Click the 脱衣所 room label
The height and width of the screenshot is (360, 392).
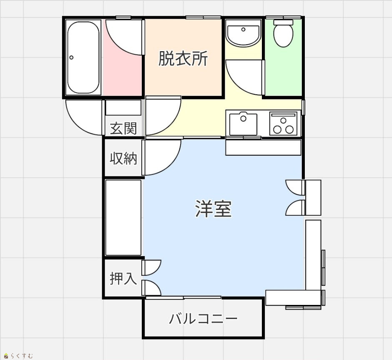(183, 59)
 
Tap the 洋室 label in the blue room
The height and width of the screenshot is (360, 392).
(213, 209)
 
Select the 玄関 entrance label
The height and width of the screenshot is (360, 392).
(123, 128)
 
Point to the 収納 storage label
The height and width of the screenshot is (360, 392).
(123, 158)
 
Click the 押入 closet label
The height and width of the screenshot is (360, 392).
(123, 278)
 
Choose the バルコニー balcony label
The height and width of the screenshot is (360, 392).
(203, 319)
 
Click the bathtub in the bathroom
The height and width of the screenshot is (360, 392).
(83, 58)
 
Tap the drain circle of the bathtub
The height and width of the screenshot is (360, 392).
(71, 58)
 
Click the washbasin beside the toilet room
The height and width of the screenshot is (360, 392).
(243, 33)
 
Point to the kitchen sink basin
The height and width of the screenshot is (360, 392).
(243, 124)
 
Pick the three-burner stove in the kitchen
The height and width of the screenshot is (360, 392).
(283, 124)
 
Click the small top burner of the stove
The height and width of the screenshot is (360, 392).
(283, 121)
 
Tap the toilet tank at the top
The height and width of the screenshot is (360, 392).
(283, 23)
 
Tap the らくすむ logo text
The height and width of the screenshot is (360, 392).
(22, 356)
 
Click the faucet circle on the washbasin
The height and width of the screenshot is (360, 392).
(243, 30)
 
